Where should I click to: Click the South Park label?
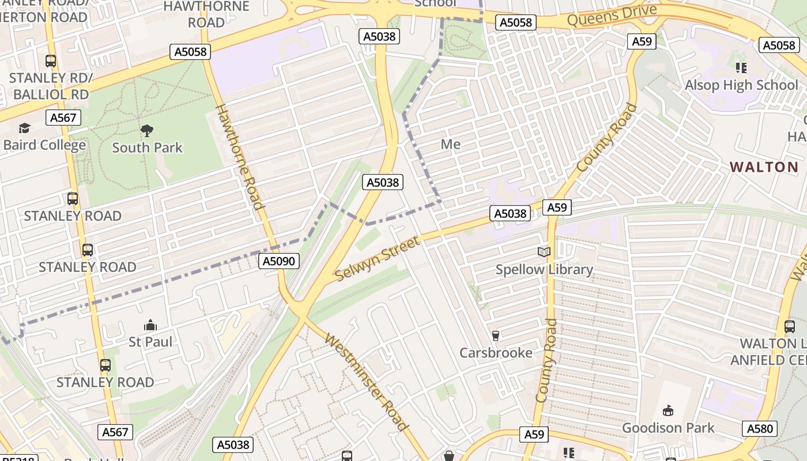147,148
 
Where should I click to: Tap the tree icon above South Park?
147,131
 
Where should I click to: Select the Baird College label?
44,145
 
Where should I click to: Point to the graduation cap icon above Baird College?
24,128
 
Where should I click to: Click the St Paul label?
150,342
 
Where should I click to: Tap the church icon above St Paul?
150,325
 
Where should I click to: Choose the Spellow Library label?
544,269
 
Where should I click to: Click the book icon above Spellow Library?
544,252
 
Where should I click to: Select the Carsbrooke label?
496,353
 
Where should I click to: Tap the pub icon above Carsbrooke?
495,335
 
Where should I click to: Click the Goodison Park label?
668,428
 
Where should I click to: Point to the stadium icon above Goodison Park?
668,410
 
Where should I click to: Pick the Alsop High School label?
741,85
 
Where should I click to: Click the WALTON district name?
764,167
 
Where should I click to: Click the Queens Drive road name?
612,16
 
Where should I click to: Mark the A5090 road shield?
279,261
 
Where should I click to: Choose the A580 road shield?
760,428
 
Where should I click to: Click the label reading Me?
450,144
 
